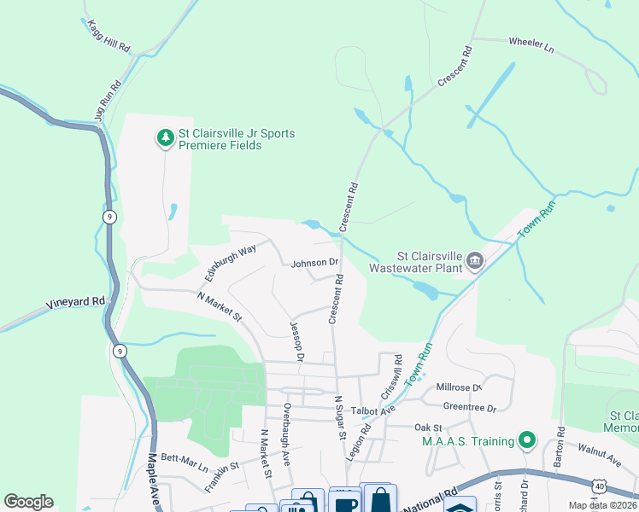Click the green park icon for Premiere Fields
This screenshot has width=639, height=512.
coord(165,137)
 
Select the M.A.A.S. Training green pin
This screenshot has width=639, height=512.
coord(527,440)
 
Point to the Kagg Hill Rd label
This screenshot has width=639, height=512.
coord(108,36)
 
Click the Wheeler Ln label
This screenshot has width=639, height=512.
coord(531,45)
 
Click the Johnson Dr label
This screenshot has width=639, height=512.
coord(314,263)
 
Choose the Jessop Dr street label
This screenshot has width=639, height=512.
coord(296,341)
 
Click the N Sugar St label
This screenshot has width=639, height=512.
coord(340,419)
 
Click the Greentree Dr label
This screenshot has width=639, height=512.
coord(470,408)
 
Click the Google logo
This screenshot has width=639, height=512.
coord(28,502)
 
